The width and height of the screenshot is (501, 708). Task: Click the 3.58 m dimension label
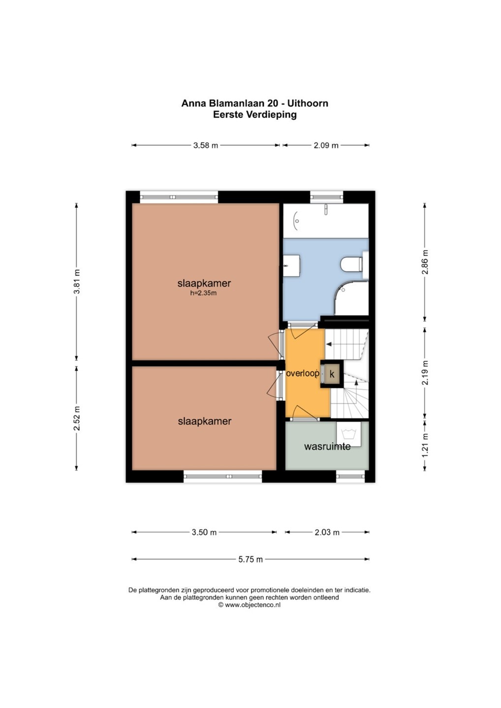[x=206, y=146]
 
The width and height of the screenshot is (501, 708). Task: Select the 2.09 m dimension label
[x=326, y=146]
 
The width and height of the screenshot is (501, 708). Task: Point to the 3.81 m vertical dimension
[x=77, y=282]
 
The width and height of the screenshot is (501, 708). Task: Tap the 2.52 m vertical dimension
[x=77, y=418]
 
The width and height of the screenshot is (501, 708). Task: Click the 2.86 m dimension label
[x=425, y=262]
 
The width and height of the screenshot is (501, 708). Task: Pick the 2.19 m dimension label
[x=425, y=373]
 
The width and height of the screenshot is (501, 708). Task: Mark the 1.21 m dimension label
[x=425, y=445]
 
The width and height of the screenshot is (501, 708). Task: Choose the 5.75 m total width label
[x=250, y=560]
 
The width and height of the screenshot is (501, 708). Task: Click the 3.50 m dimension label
[x=204, y=532]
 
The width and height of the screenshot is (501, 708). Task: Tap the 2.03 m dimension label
[x=327, y=532]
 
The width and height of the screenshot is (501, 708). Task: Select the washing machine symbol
[x=349, y=434]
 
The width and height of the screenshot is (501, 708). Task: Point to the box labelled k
[x=332, y=374]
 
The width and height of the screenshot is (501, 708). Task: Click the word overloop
[x=302, y=373]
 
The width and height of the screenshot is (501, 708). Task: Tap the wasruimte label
[x=327, y=446]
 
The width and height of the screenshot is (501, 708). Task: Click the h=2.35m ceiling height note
[x=203, y=293]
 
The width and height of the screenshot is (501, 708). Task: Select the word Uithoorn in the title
[x=308, y=103]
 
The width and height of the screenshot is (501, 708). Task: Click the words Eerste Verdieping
[x=255, y=115]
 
